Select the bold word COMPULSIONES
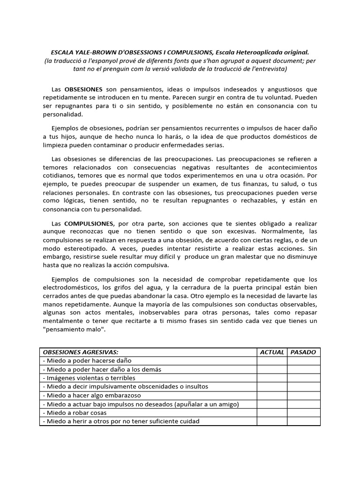pos(89,224)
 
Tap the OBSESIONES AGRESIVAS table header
pos(81,352)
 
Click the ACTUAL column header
pos(272,352)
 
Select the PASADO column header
pos(303,352)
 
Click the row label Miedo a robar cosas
pos(75,412)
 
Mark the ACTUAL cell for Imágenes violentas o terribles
pos(272,378)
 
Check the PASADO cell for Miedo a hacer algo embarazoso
pos(303,395)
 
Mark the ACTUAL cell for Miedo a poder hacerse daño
pos(272,360)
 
